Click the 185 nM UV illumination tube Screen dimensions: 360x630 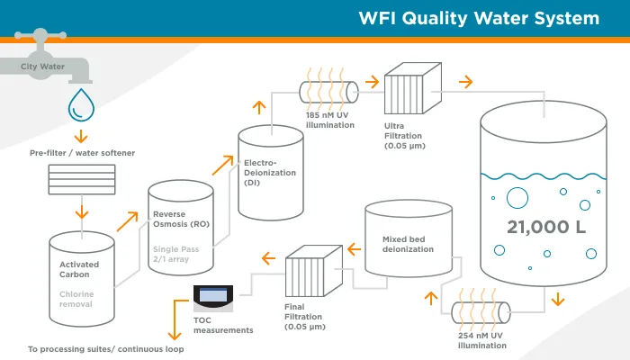pyautogui.click(x=329, y=89)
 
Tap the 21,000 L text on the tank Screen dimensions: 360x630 pyautogui.click(x=541, y=226)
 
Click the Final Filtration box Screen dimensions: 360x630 pyautogui.click(x=310, y=278)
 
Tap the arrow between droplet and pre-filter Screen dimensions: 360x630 pyautogui.click(x=81, y=136)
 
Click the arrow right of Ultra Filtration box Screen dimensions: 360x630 pyautogui.click(x=465, y=81)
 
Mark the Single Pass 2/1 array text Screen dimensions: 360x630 pyautogui.click(x=176, y=253)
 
